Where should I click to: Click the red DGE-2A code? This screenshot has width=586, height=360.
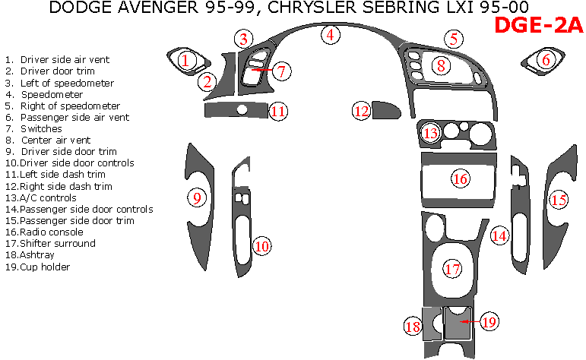pos(538,26)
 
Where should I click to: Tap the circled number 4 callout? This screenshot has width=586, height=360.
pos(330,34)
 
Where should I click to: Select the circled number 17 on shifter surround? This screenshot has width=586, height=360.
pos(453,269)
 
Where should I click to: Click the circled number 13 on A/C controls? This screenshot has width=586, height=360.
pos(431,134)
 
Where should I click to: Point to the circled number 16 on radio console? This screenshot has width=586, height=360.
pos(460,179)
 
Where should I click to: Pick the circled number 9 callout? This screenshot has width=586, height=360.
pos(197,198)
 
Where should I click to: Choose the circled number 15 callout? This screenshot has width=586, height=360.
pos(559,200)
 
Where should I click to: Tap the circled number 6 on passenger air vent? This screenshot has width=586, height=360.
pos(545,58)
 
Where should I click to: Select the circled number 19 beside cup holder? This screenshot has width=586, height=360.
pos(489,321)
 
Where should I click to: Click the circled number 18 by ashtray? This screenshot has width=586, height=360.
pos(413,327)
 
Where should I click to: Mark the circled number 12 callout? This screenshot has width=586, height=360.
pos(361,111)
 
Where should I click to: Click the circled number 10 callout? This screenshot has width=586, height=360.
pos(261,246)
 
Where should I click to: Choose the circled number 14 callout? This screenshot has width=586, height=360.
pos(499,235)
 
